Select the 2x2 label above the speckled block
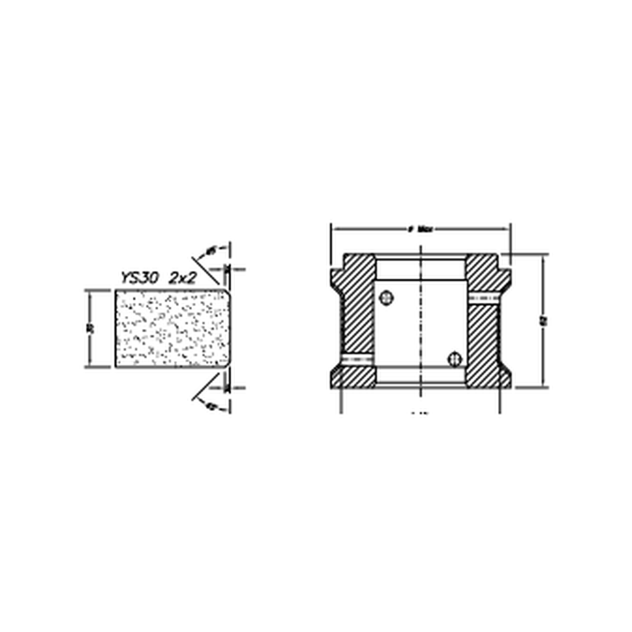pyautogui.click(x=182, y=279)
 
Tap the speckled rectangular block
pyautogui.click(x=169, y=328)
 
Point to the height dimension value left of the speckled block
pyautogui.click(x=91, y=328)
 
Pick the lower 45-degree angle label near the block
pyautogui.click(x=210, y=405)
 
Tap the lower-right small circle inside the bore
pyautogui.click(x=455, y=358)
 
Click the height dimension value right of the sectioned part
pyautogui.click(x=544, y=321)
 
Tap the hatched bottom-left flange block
pyautogui.click(x=353, y=376)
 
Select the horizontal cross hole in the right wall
pyautogui.click(x=482, y=299)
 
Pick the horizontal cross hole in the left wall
pyautogui.click(x=357, y=357)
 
